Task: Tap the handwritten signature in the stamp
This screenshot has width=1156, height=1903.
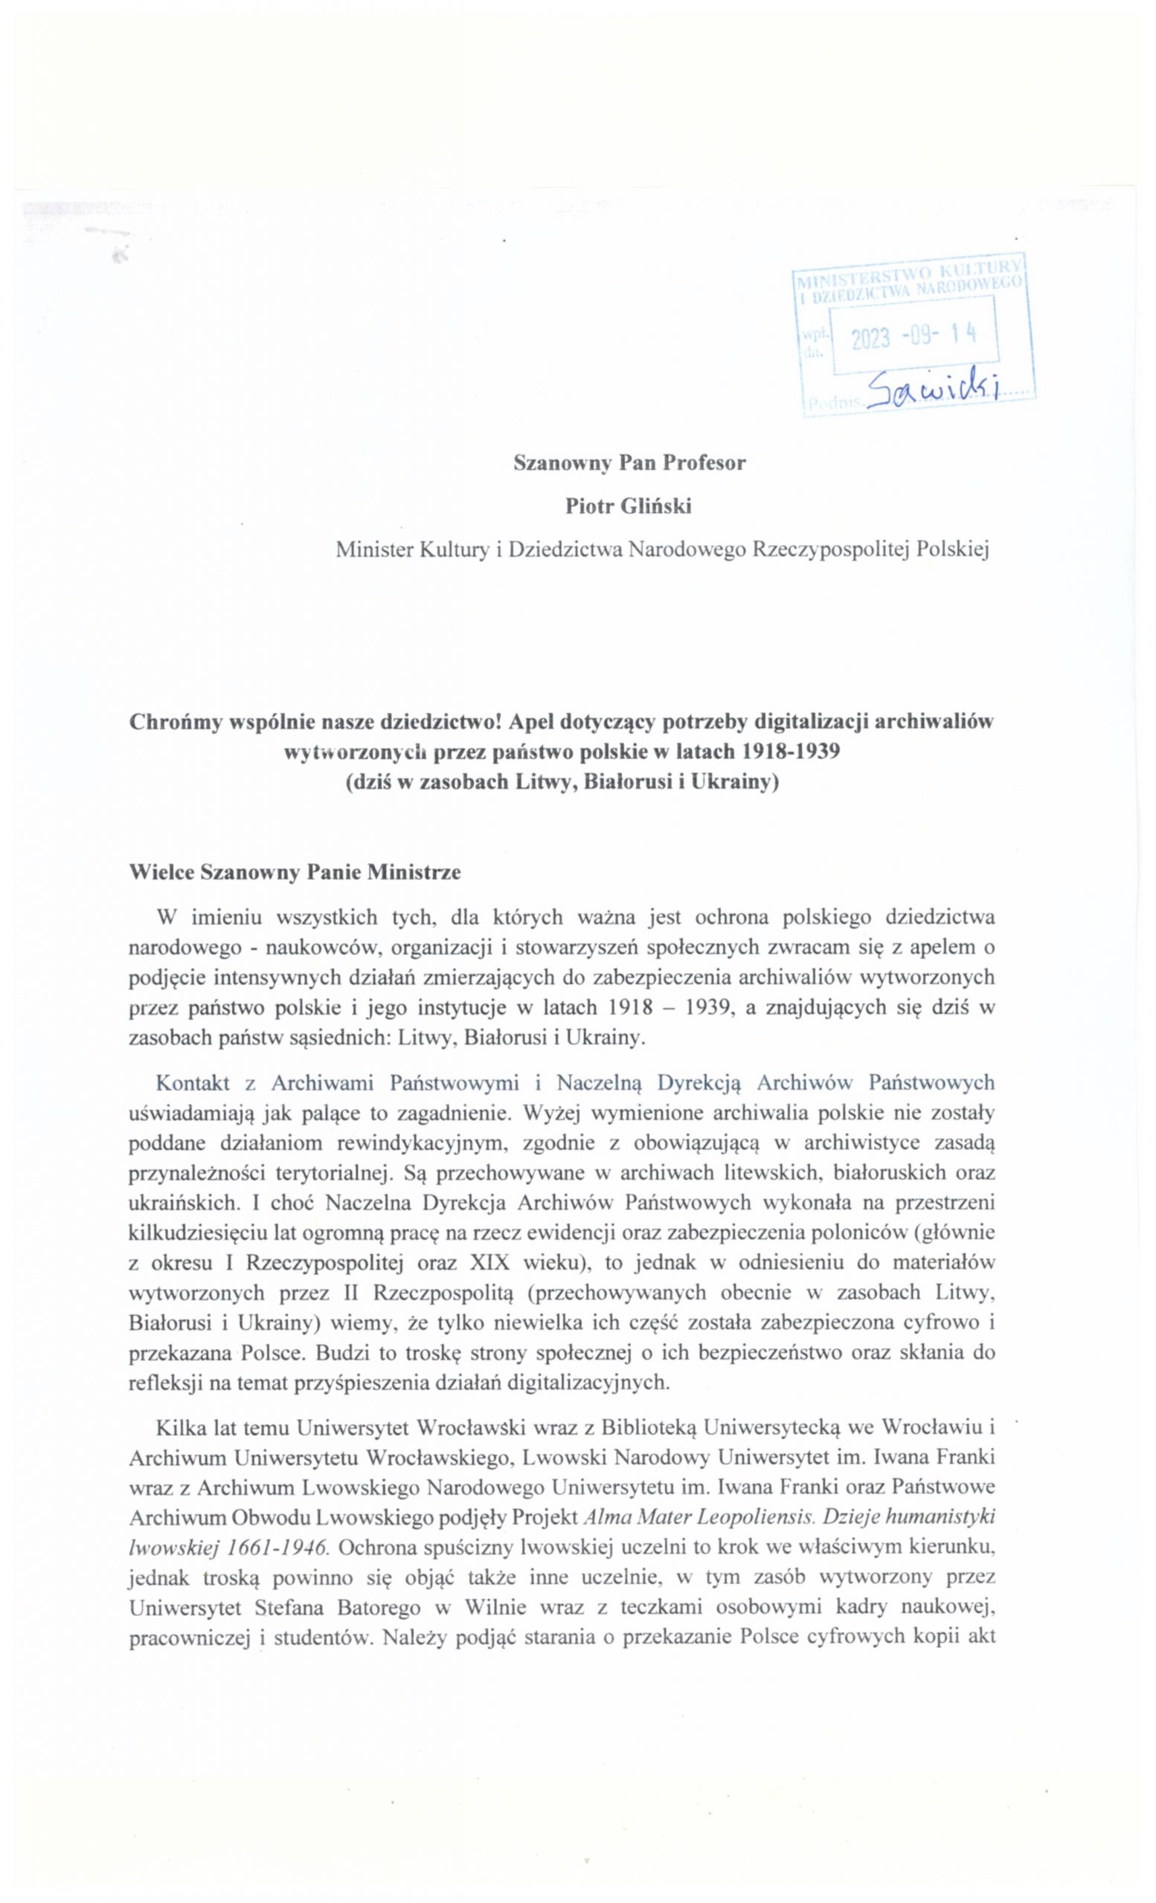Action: [x=933, y=390]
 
